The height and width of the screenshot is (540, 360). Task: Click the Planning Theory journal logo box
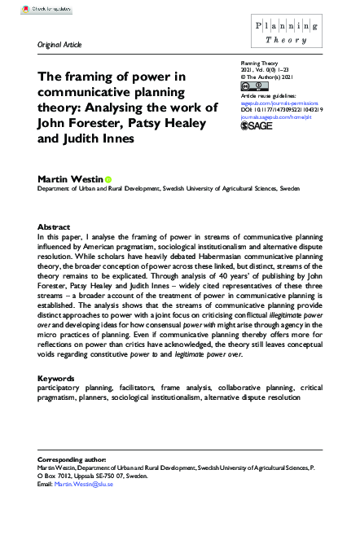tap(287, 36)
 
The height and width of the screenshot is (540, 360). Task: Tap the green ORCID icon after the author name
tap(108, 179)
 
